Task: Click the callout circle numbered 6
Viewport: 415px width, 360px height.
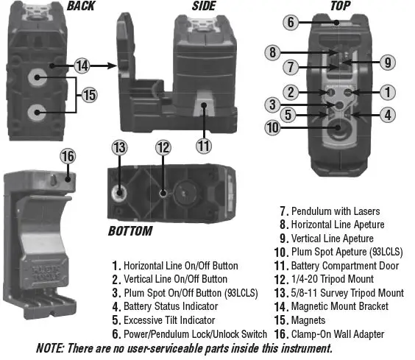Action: click(291, 21)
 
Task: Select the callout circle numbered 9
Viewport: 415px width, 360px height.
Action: click(389, 62)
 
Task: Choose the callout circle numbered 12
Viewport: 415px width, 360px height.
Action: click(163, 147)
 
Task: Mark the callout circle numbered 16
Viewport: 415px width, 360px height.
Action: click(68, 157)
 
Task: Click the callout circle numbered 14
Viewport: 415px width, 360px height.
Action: click(82, 66)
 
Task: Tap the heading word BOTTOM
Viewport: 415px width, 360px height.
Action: click(130, 231)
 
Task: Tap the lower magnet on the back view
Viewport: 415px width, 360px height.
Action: click(36, 113)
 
